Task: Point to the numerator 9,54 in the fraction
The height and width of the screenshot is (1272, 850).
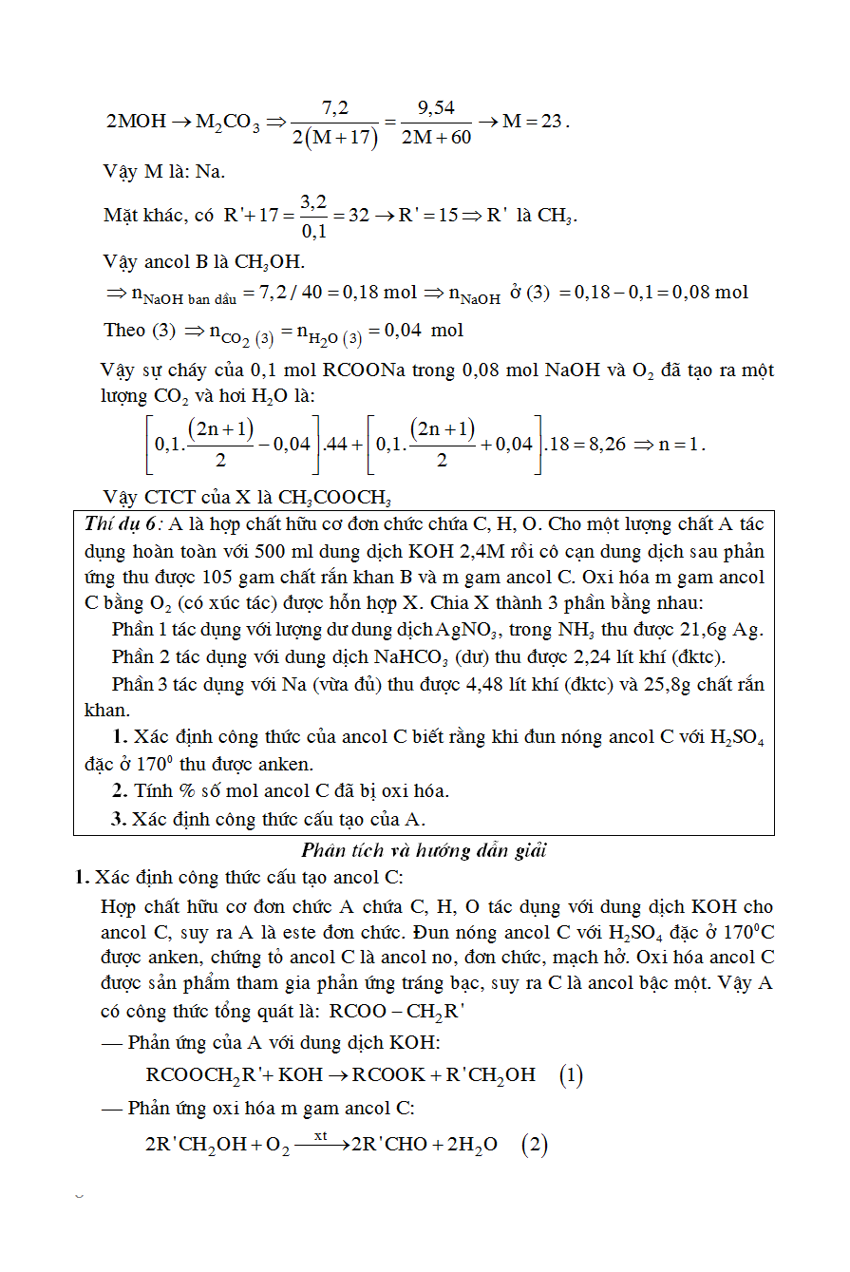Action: pos(436,107)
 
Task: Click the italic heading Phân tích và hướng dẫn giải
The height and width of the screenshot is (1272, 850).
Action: pos(425,850)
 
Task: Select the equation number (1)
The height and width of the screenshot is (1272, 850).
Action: pos(571,1075)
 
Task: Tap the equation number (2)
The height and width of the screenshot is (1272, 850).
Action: pos(535,1145)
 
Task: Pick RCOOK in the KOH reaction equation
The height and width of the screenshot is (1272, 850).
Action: pos(389,1075)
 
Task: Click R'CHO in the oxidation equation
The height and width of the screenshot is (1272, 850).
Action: pos(389,1146)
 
